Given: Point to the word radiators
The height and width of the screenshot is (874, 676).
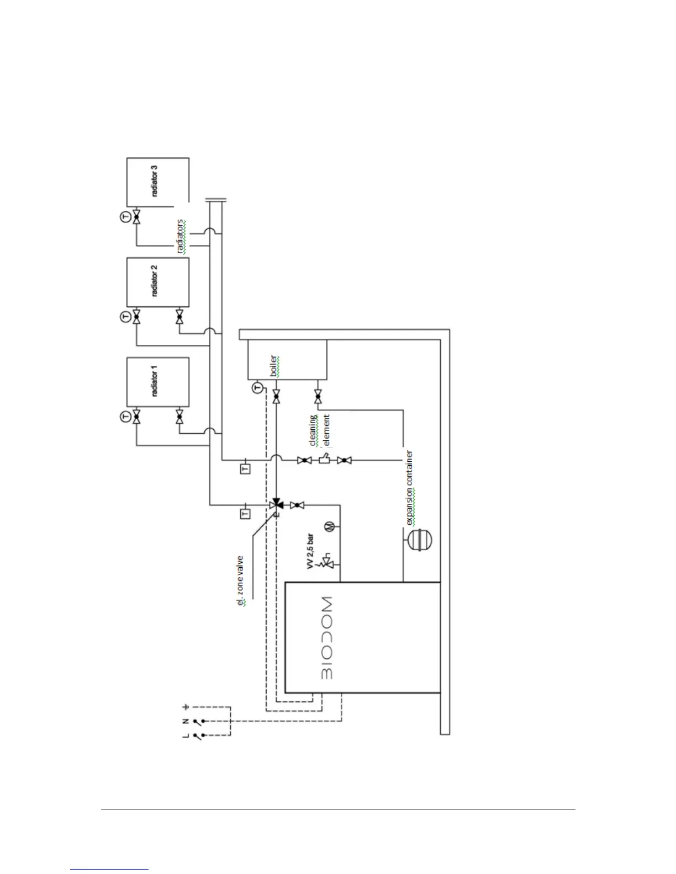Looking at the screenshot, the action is click(x=181, y=237).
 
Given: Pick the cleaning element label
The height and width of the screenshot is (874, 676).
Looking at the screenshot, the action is click(x=320, y=430).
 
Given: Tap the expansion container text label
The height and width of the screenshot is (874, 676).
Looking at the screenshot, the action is click(x=410, y=488).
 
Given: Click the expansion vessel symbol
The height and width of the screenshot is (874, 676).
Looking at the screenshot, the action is click(x=422, y=539).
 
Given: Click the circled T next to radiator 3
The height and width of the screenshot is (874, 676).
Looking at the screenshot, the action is click(x=125, y=216).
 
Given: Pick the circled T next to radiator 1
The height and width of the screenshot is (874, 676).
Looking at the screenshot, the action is click(x=125, y=417).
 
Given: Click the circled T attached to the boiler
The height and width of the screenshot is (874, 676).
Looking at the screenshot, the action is click(x=257, y=388).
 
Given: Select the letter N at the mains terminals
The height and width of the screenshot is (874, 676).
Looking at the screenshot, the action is click(x=186, y=721).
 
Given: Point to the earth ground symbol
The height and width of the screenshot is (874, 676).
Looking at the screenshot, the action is click(x=186, y=706).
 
